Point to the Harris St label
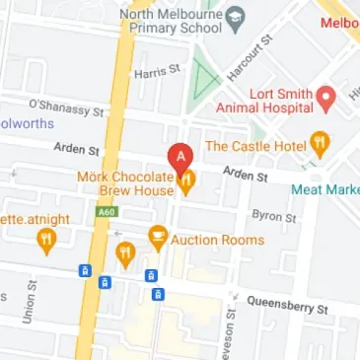coord(158,72)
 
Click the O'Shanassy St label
coord(66,106)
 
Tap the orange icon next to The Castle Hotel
coord(320,144)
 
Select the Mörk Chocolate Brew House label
coord(129,183)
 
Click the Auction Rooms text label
coord(218,239)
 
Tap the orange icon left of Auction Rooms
coord(157,237)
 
